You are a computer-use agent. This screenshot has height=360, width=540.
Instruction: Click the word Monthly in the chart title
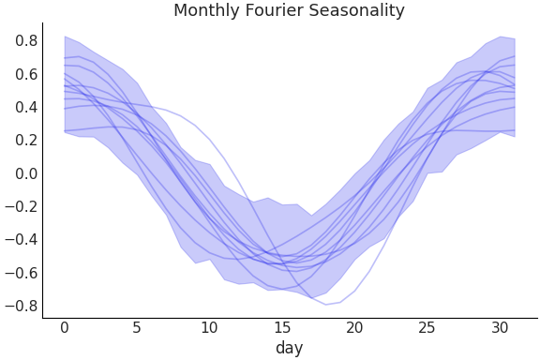(206, 11)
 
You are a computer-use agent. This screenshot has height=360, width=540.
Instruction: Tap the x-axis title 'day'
(289, 349)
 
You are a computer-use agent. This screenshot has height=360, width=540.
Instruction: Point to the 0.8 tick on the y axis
(25, 41)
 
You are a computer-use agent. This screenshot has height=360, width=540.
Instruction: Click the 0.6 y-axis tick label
(25, 74)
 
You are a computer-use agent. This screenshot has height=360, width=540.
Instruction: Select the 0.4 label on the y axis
(25, 107)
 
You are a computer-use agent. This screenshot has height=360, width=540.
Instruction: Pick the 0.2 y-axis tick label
(25, 141)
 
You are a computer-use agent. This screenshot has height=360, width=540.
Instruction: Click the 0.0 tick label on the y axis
(25, 173)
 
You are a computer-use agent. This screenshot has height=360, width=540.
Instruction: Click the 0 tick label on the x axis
(64, 328)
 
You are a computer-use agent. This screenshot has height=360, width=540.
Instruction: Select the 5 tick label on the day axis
(137, 328)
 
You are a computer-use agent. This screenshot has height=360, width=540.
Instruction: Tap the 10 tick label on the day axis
(209, 328)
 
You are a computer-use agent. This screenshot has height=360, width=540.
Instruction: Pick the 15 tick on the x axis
(282, 328)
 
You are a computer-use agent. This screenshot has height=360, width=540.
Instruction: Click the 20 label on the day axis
(354, 328)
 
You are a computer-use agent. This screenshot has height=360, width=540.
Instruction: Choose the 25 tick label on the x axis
(427, 328)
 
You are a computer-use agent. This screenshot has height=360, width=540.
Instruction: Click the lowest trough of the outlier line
(326, 305)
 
